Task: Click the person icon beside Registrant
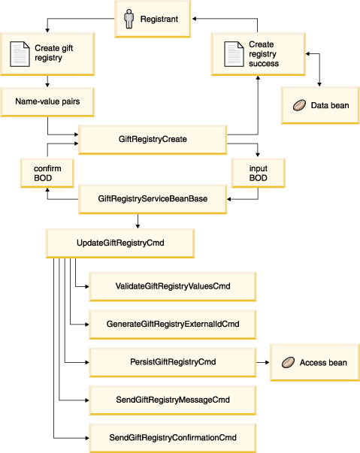[129, 19]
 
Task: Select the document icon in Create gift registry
[20, 54]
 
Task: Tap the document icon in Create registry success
[234, 54]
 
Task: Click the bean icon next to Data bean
[299, 105]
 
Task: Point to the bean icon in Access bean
[288, 362]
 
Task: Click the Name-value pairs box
[47, 102]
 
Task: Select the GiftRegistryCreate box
[153, 140]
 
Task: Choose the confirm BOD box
[47, 173]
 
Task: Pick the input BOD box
[259, 173]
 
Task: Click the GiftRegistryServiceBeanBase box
[153, 199]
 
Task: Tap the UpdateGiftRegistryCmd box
[120, 243]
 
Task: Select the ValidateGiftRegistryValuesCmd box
[173, 286]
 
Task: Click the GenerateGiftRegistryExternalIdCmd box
[173, 325]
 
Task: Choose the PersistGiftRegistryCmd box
[173, 362]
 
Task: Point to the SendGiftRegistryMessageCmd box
[173, 400]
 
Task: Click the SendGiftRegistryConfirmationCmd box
[173, 438]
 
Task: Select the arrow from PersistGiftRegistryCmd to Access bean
[263, 362]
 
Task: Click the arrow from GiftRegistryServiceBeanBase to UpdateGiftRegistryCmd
[138, 222]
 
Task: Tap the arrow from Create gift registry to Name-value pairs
[47, 81]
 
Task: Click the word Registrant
[159, 19]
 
